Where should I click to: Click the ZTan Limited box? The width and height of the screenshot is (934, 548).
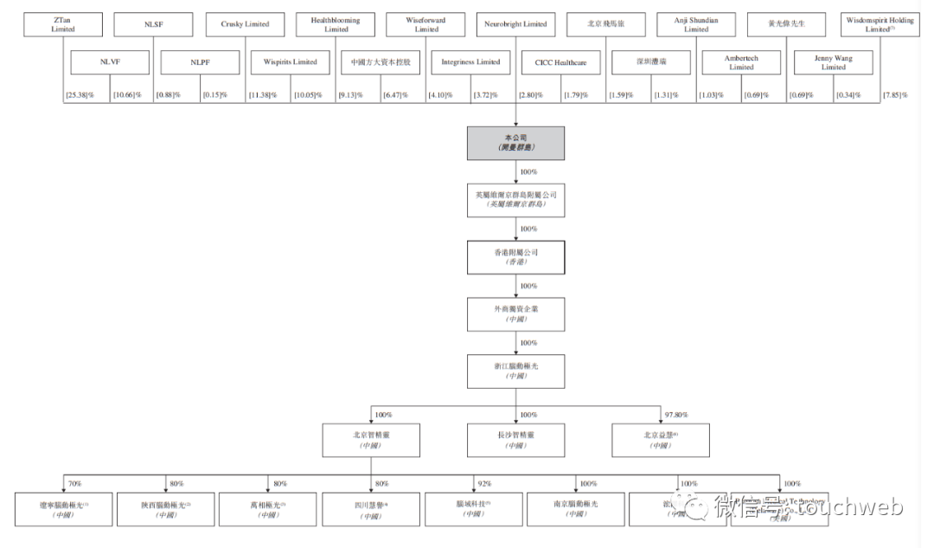[61, 24]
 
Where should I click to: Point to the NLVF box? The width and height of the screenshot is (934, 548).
[110, 62]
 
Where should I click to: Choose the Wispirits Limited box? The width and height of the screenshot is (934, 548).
[290, 62]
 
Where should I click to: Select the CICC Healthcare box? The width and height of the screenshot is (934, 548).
[560, 62]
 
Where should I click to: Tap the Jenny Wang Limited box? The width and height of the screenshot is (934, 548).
[833, 62]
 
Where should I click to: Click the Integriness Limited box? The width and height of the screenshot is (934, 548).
[470, 62]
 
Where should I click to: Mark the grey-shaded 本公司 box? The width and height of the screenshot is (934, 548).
[516, 143]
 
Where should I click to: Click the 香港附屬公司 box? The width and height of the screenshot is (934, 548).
[516, 257]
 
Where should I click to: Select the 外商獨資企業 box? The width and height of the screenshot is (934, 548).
[516, 313]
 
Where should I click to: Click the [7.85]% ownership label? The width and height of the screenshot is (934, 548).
[895, 94]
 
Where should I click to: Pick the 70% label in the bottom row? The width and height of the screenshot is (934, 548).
[74, 484]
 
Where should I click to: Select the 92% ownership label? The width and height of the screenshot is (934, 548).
[484, 484]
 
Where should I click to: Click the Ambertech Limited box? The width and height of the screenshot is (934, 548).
[741, 62]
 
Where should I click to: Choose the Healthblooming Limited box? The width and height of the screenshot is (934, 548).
[336, 24]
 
